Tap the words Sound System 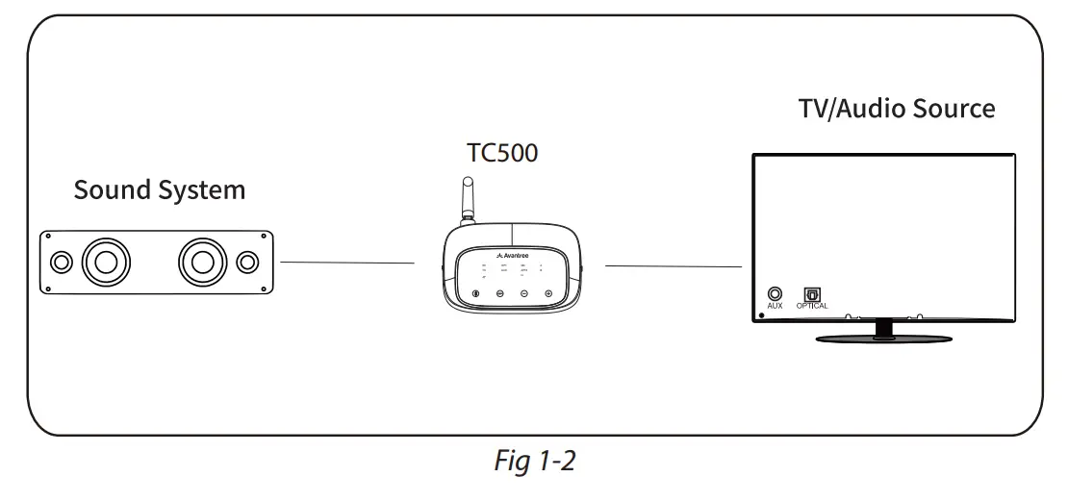(x=160, y=189)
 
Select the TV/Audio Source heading (x=896, y=108)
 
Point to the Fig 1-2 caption (x=534, y=462)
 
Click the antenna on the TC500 (x=469, y=202)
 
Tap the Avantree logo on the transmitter (x=512, y=256)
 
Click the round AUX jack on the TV (x=775, y=292)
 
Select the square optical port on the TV (x=811, y=292)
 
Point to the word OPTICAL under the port (x=811, y=306)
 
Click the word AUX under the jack (x=775, y=306)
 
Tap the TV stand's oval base (x=884, y=338)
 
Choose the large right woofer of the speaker (x=202, y=262)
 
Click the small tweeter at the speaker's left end (x=60, y=262)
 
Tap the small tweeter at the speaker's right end (x=247, y=262)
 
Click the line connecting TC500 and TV (x=673, y=265)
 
